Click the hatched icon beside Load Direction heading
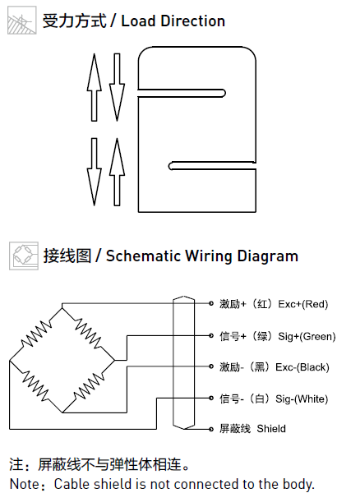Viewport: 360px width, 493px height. tap(21, 20)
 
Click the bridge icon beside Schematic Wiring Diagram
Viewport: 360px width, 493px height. tap(24, 256)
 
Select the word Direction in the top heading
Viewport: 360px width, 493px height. tap(192, 21)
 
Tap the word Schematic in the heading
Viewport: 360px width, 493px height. tap(143, 256)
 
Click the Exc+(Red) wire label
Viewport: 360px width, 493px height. tap(302, 304)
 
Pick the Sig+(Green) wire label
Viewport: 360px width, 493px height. tap(307, 336)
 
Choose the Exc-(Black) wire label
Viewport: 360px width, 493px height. tap(302, 367)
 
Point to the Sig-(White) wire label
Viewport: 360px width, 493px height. tap(302, 399)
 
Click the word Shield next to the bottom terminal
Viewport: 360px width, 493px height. tap(271, 429)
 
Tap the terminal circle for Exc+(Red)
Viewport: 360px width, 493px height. tap(211, 303)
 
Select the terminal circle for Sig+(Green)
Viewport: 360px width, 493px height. tap(211, 336)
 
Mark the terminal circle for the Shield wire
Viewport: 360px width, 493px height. tap(211, 429)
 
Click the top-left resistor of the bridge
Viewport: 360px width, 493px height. tap(36, 334)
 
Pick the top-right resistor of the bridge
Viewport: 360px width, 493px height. tap(88, 334)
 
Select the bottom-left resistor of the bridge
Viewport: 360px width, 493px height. tap(35, 386)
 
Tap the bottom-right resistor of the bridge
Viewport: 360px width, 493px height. tap(89, 386)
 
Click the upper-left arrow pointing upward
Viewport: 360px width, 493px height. tap(94, 87)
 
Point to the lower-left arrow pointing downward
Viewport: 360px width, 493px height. tap(94, 172)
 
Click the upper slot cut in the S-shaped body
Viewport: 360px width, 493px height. tap(182, 94)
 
